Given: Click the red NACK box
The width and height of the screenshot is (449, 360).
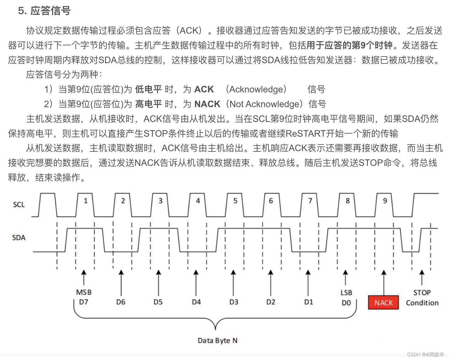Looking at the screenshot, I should pyautogui.click(x=383, y=303).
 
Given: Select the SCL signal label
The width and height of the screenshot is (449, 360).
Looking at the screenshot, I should pyautogui.click(x=19, y=205).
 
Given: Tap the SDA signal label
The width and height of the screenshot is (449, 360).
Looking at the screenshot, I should pyautogui.click(x=19, y=238).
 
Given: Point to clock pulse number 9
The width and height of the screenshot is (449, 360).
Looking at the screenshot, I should pyautogui.click(x=385, y=201).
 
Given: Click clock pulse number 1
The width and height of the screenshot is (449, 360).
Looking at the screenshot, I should pyautogui.click(x=85, y=201).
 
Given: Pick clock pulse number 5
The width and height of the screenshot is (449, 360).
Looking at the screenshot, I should pyautogui.click(x=235, y=201).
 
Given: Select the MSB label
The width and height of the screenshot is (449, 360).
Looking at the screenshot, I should pyautogui.click(x=84, y=292).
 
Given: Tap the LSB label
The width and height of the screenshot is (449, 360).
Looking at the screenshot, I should pyautogui.click(x=346, y=293).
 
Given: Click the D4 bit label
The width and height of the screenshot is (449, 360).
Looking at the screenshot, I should pyautogui.click(x=196, y=302).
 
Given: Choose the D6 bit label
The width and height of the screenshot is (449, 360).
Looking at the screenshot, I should pyautogui.click(x=121, y=302).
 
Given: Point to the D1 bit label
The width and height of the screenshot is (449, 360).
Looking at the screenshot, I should pyautogui.click(x=309, y=302).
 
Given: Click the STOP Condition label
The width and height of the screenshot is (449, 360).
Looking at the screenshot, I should pyautogui.click(x=422, y=298).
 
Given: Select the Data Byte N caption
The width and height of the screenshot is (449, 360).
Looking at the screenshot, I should pyautogui.click(x=217, y=341).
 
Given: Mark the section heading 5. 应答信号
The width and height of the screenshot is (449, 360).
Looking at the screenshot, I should pyautogui.click(x=44, y=11).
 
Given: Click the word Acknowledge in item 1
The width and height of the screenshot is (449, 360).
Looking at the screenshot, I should pyautogui.click(x=256, y=89).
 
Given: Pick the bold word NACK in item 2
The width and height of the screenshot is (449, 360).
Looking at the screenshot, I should pyautogui.click(x=207, y=104).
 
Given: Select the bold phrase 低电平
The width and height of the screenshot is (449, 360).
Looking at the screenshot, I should pyautogui.click(x=149, y=89).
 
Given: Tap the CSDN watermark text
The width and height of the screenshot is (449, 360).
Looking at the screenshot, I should pyautogui.click(x=425, y=354).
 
